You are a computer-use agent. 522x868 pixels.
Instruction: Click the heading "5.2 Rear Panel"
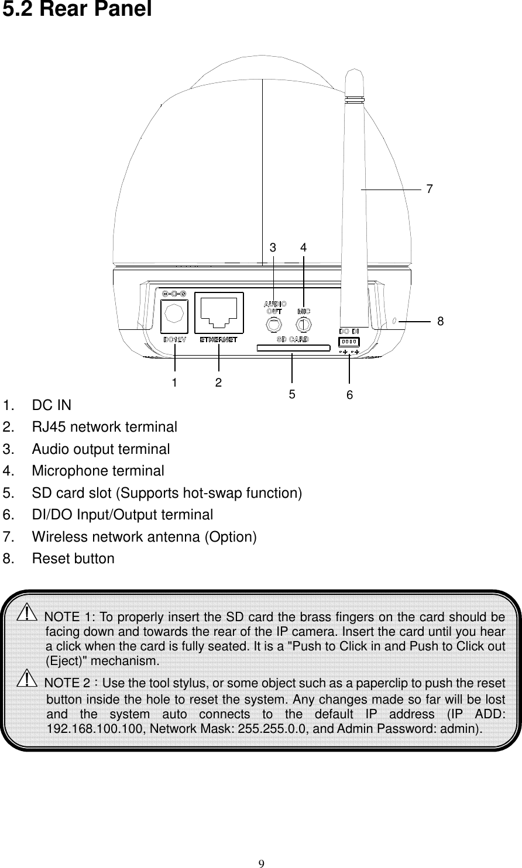click(78, 11)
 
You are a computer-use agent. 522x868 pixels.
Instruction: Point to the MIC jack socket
click(303, 323)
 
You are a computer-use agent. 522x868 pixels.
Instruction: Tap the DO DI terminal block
click(349, 341)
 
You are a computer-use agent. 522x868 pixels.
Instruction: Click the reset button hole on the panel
click(394, 321)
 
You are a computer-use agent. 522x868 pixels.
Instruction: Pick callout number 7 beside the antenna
click(430, 189)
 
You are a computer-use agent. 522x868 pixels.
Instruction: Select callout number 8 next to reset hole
click(441, 321)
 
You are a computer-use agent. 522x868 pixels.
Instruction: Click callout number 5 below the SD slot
click(292, 394)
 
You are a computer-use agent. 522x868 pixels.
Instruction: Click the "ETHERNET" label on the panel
click(219, 339)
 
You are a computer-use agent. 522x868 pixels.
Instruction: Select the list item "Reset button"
click(73, 559)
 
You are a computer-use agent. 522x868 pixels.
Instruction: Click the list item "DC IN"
click(52, 405)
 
